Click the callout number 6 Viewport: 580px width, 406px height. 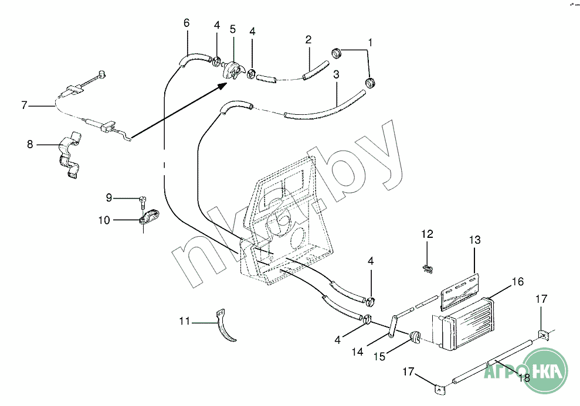point(186,23)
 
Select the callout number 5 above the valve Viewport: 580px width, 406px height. point(233,29)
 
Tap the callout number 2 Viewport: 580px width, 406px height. point(308,40)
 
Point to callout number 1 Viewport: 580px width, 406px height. point(370,42)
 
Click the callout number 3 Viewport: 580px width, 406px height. point(336,74)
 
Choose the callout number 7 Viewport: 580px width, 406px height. point(24,105)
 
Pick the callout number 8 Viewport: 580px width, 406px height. point(30,144)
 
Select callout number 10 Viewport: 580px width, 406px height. point(104,220)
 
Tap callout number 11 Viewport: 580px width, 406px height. point(185,321)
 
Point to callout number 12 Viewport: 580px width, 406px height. point(427,234)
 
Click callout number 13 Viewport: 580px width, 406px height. point(474,240)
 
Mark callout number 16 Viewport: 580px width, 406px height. point(517,282)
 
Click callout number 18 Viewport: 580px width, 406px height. point(524,378)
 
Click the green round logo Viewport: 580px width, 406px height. point(547,370)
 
